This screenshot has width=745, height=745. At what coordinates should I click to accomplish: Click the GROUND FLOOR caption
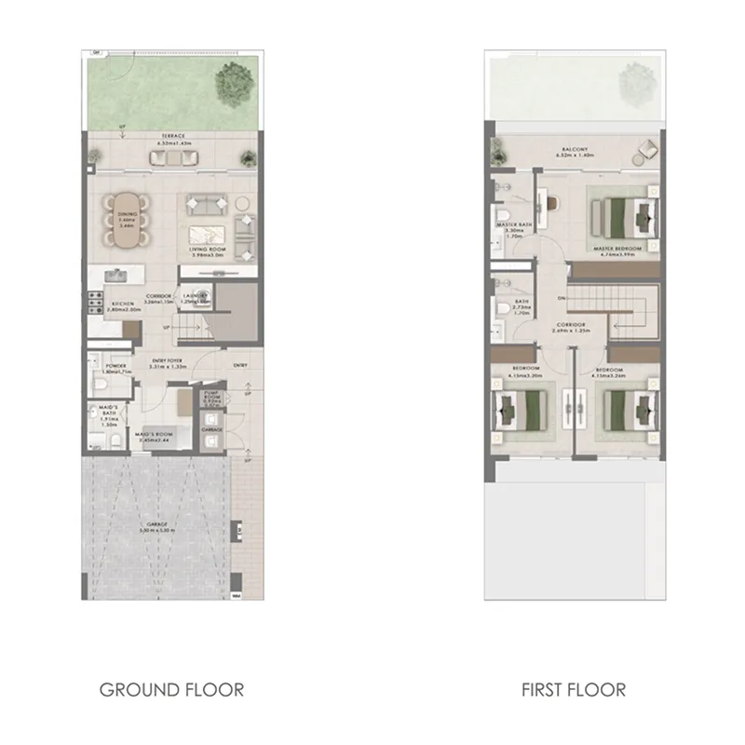click(x=171, y=690)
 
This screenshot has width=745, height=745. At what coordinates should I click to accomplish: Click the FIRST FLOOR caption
click(x=573, y=690)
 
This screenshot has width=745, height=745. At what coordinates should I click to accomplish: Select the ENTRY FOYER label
click(x=168, y=359)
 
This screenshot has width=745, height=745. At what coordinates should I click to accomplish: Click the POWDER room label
click(x=117, y=367)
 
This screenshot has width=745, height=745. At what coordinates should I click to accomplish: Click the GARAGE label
click(x=158, y=524)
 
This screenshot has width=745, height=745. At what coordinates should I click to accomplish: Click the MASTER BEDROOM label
click(x=616, y=249)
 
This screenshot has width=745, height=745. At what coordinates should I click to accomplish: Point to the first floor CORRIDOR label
click(x=572, y=325)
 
